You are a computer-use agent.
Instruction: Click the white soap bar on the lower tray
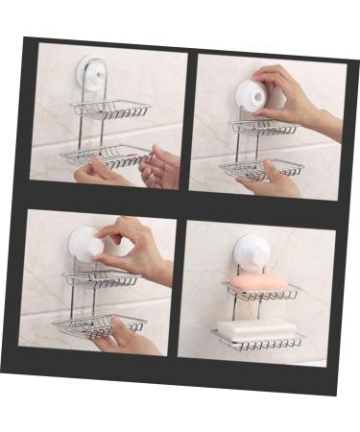[x=255, y=329]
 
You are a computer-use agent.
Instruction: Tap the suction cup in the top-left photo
[x=92, y=74]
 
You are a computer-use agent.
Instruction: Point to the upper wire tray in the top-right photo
[x=263, y=128]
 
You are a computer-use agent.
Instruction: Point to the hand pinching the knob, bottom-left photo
[x=134, y=248]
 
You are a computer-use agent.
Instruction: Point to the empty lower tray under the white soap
[x=259, y=343]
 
